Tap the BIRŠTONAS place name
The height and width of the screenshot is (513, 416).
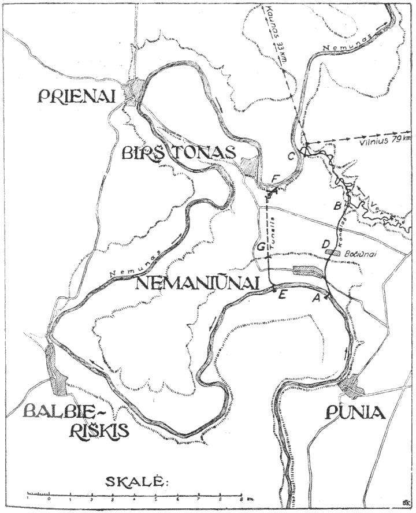click(179, 154)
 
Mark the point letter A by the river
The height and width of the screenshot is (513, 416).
click(316, 298)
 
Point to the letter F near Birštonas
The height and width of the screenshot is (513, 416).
click(276, 177)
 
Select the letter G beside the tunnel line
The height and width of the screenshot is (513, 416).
click(262, 247)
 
